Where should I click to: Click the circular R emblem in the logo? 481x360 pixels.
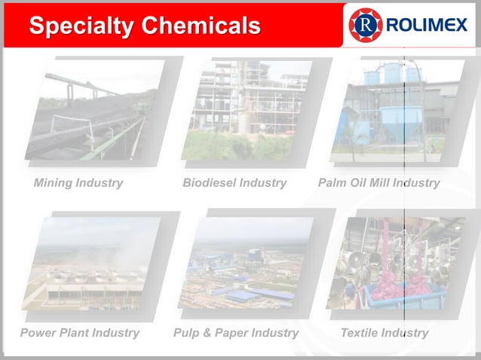pyautogui.click(x=366, y=26)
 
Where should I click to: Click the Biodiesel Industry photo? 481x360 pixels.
pyautogui.click(x=244, y=110)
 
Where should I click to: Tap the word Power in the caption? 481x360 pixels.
pyautogui.click(x=38, y=333)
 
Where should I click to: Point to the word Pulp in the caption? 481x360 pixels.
pyautogui.click(x=186, y=333)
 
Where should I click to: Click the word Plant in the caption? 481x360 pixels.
pyautogui.click(x=75, y=333)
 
